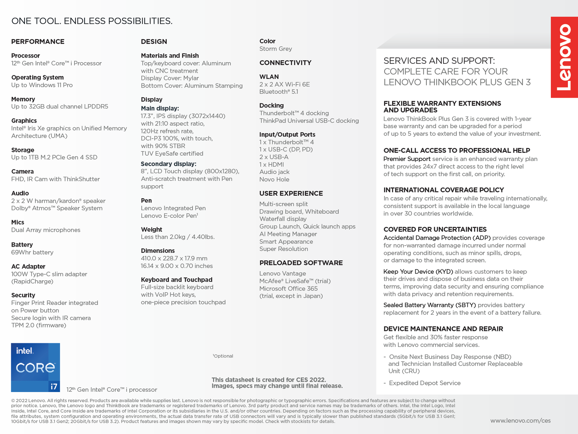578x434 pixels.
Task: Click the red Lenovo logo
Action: pos(564,57)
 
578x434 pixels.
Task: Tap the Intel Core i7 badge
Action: pos(35,367)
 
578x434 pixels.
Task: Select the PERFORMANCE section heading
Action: pos(38,42)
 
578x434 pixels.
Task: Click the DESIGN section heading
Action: pos(154,42)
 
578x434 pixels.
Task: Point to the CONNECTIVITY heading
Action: pos(285,63)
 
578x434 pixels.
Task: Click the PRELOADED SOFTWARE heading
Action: pos(301,263)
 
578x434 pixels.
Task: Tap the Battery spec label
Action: pos(22,245)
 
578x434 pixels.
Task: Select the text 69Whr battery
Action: pos(32,252)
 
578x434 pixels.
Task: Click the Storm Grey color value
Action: pos(275,49)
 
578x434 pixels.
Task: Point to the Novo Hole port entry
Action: pos(274,179)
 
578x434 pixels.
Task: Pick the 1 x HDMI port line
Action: pos(271,165)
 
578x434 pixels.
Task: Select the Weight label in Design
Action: pos(151,230)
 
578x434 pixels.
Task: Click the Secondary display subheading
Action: pos(168,164)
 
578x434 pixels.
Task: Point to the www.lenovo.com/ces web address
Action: pos(520,421)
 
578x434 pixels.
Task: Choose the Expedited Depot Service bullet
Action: pos(424,383)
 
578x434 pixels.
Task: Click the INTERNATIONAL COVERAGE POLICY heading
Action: pos(443,190)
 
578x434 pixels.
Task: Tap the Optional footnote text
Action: pos(223,356)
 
